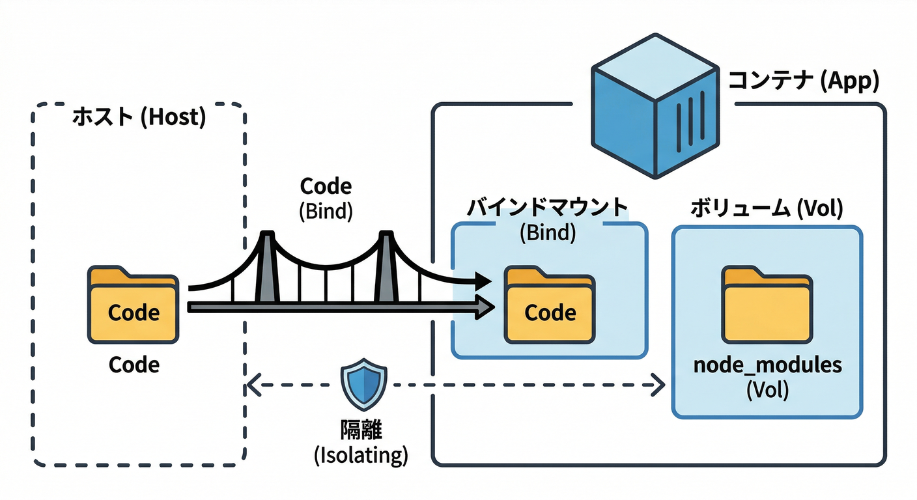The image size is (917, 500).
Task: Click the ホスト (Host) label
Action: pyautogui.click(x=138, y=118)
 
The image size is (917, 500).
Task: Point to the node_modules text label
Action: pyautogui.click(x=767, y=365)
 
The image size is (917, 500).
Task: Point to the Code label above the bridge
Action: pyautogui.click(x=326, y=187)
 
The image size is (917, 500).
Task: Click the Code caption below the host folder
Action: pyautogui.click(x=134, y=365)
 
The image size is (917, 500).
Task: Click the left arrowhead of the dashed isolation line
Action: pyautogui.click(x=253, y=385)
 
